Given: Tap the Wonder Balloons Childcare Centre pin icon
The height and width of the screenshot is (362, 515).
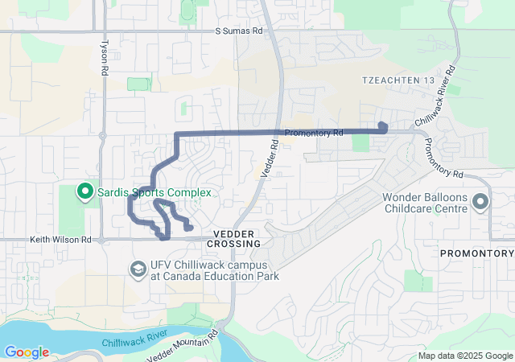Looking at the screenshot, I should click(481, 201).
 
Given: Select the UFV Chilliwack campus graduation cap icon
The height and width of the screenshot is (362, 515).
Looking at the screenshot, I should click(138, 269).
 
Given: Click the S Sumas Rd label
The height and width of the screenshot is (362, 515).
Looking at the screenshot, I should click(239, 31).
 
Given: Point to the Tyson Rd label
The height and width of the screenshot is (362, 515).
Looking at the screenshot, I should click(104, 58).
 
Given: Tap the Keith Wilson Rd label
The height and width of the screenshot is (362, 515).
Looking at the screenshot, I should click(61, 239).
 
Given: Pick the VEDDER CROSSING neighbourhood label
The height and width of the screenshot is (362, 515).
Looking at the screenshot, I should click(234, 237).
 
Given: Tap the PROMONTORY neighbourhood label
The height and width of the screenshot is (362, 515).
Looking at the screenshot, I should click(476, 253).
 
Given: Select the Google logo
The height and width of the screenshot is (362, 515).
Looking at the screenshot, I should click(27, 352).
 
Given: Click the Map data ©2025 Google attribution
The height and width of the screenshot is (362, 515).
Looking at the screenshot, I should click(465, 356).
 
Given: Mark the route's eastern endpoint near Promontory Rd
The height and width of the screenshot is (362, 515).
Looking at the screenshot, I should click(383, 126).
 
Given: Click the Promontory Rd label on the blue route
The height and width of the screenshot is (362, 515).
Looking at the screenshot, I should click(314, 132).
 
